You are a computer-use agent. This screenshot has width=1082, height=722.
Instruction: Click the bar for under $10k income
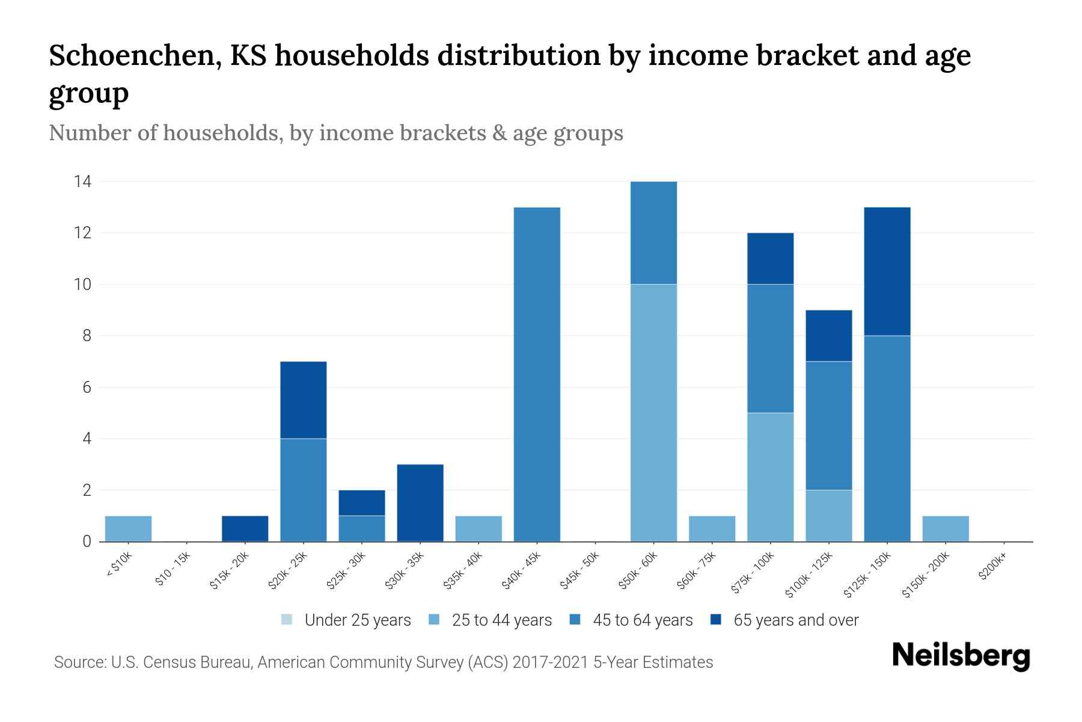[128, 528]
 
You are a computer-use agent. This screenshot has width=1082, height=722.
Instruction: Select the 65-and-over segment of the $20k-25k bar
[304, 400]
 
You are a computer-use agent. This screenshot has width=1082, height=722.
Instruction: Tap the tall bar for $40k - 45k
[537, 374]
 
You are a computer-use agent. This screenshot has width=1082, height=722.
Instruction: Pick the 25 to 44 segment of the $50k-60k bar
[653, 413]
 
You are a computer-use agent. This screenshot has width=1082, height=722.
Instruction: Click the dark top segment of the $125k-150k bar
[887, 271]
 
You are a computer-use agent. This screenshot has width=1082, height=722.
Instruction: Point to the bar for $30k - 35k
[420, 503]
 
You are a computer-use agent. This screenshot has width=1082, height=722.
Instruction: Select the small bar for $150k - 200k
[946, 528]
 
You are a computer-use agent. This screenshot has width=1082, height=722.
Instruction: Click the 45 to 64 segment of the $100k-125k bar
[829, 425]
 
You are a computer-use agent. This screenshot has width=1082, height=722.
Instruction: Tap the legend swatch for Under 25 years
[287, 620]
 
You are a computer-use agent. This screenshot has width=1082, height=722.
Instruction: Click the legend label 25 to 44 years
[501, 620]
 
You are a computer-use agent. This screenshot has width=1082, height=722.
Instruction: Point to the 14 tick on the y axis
[82, 181]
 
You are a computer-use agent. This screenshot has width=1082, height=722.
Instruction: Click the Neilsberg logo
[961, 656]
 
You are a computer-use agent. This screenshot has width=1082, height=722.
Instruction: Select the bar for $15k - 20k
[245, 528]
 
